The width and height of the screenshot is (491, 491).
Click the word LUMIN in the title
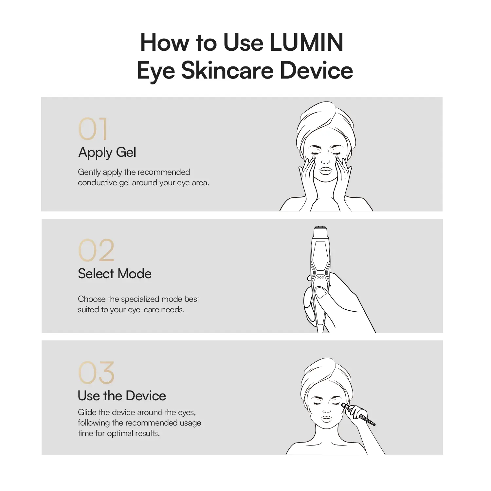(x=307, y=42)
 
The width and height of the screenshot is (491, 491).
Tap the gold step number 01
(x=93, y=129)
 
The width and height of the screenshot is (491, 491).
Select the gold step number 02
(x=96, y=250)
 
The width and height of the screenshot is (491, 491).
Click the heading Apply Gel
(x=107, y=153)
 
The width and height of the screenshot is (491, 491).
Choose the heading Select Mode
(x=115, y=274)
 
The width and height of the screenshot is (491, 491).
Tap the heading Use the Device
(x=122, y=396)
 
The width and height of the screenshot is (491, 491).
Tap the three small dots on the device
(x=320, y=277)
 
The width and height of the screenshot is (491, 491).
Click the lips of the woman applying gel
(x=326, y=171)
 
